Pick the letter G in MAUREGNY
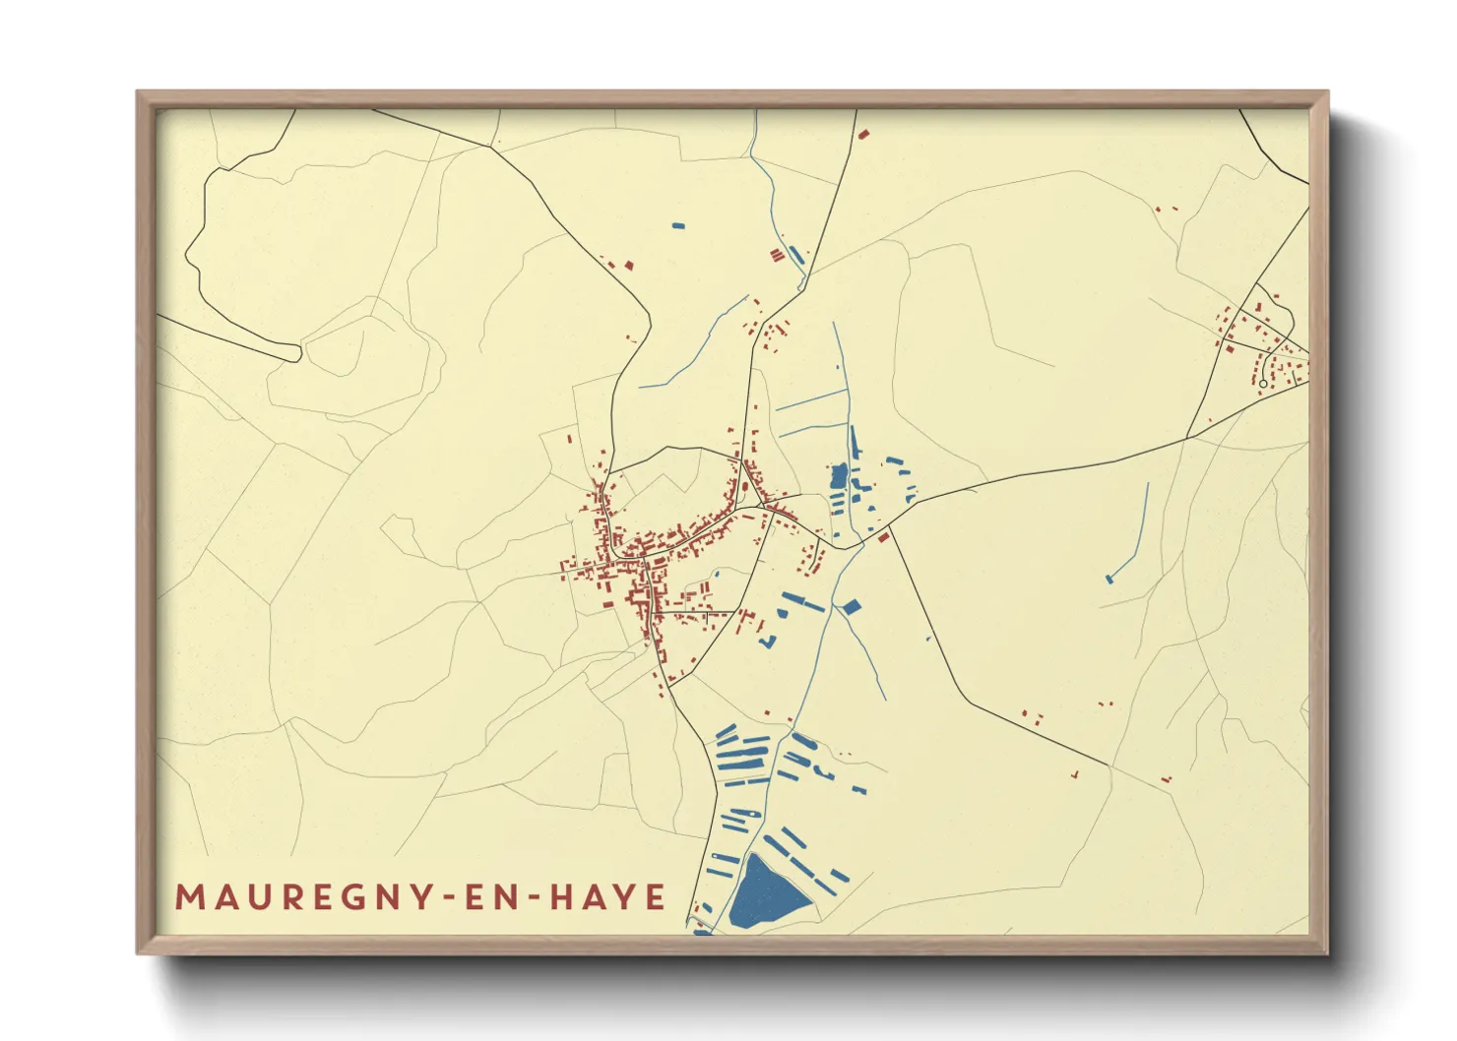click(340, 897)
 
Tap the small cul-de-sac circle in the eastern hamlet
click(1263, 384)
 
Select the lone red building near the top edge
click(863, 135)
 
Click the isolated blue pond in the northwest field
click(677, 225)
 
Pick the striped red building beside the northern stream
click(777, 256)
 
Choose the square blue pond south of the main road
click(851, 606)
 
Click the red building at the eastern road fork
click(883, 536)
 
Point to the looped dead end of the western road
click(294, 351)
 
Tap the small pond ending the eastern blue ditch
click(1109, 579)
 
